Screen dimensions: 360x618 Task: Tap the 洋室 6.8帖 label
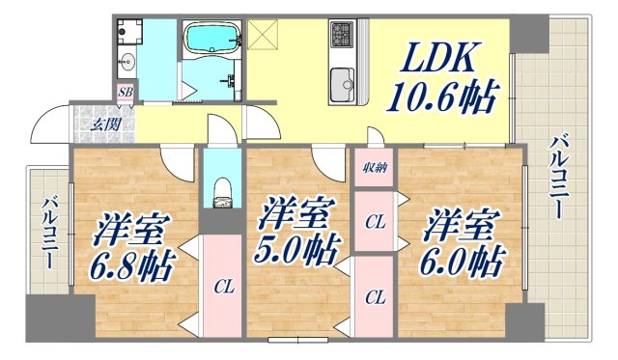coord(134,247)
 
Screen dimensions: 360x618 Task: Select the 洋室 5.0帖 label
coord(296,235)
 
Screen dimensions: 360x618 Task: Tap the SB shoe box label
coord(126,93)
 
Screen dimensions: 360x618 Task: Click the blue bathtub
coord(211,40)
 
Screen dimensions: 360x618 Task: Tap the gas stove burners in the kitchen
coord(343,36)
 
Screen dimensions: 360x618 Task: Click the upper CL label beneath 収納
coord(375,223)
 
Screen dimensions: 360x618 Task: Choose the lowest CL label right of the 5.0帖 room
coord(375,297)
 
